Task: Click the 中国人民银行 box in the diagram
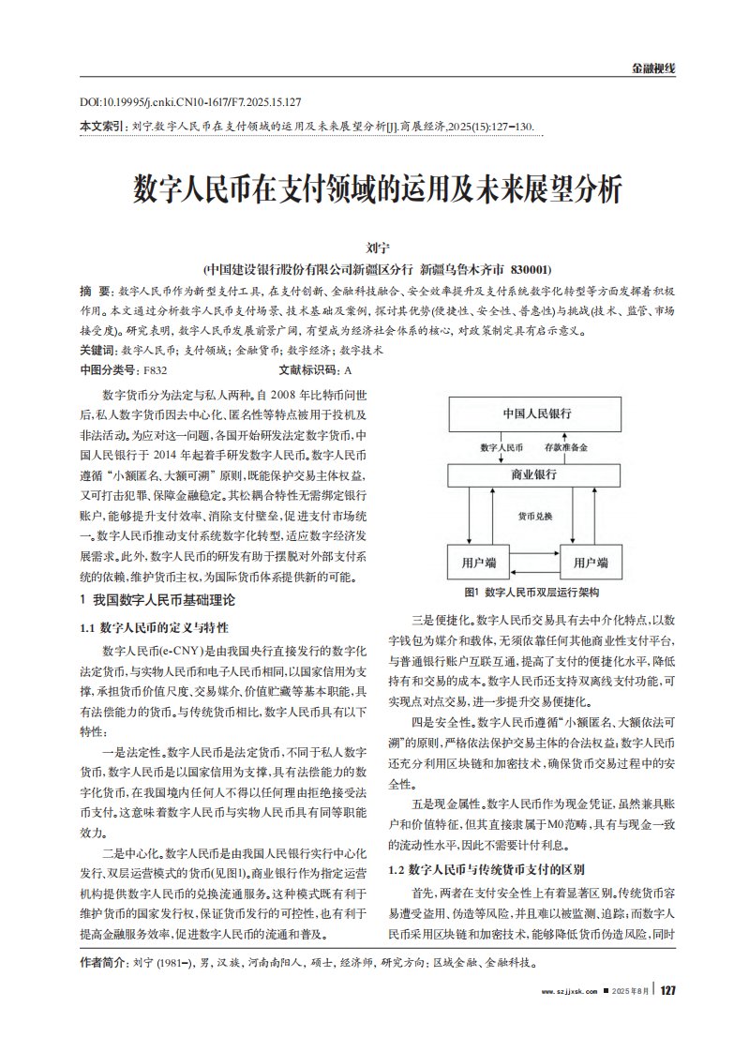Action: (537, 413)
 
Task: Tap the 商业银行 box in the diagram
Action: (537, 474)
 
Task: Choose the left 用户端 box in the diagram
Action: (478, 563)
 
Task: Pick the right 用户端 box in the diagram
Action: (591, 563)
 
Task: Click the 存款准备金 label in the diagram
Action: (567, 448)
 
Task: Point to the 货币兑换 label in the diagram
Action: (535, 517)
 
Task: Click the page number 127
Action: (667, 993)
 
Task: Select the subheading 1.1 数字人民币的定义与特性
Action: (155, 625)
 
